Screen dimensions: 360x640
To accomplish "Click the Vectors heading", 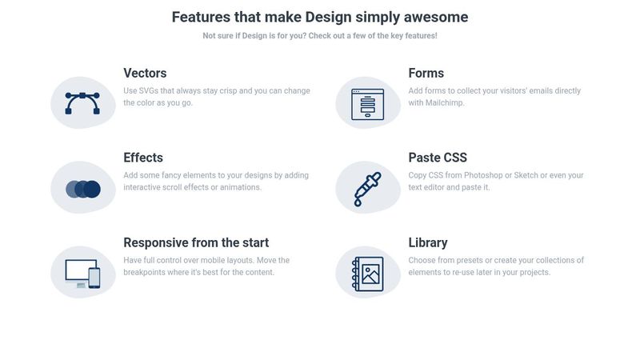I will (x=145, y=74).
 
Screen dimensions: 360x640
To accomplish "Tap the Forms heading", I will (x=426, y=74).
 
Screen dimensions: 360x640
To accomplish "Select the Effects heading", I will (x=143, y=158).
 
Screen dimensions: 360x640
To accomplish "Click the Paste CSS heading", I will (x=438, y=158).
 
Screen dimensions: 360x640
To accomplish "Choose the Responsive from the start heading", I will (x=196, y=242).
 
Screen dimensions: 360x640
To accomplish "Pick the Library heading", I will (x=427, y=242).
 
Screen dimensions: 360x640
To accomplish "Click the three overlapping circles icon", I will (x=82, y=189).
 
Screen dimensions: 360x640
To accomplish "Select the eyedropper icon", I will (x=368, y=189).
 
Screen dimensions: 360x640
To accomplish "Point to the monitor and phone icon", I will (x=82, y=274).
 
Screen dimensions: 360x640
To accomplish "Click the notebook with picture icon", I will (x=368, y=274).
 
